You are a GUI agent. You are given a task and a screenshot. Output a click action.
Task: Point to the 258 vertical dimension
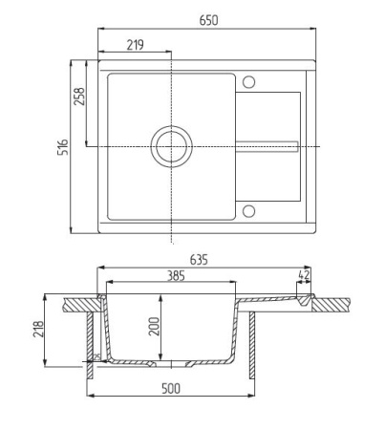[80, 98]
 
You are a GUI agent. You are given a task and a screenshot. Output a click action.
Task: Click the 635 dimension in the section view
[199, 259]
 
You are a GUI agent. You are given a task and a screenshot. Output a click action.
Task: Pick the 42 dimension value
[304, 275]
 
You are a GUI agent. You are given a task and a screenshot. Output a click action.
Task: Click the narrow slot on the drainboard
[268, 146]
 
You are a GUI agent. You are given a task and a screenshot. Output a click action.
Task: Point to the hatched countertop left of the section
[78, 304]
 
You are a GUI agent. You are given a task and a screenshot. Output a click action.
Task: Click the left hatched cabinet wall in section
[91, 344]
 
